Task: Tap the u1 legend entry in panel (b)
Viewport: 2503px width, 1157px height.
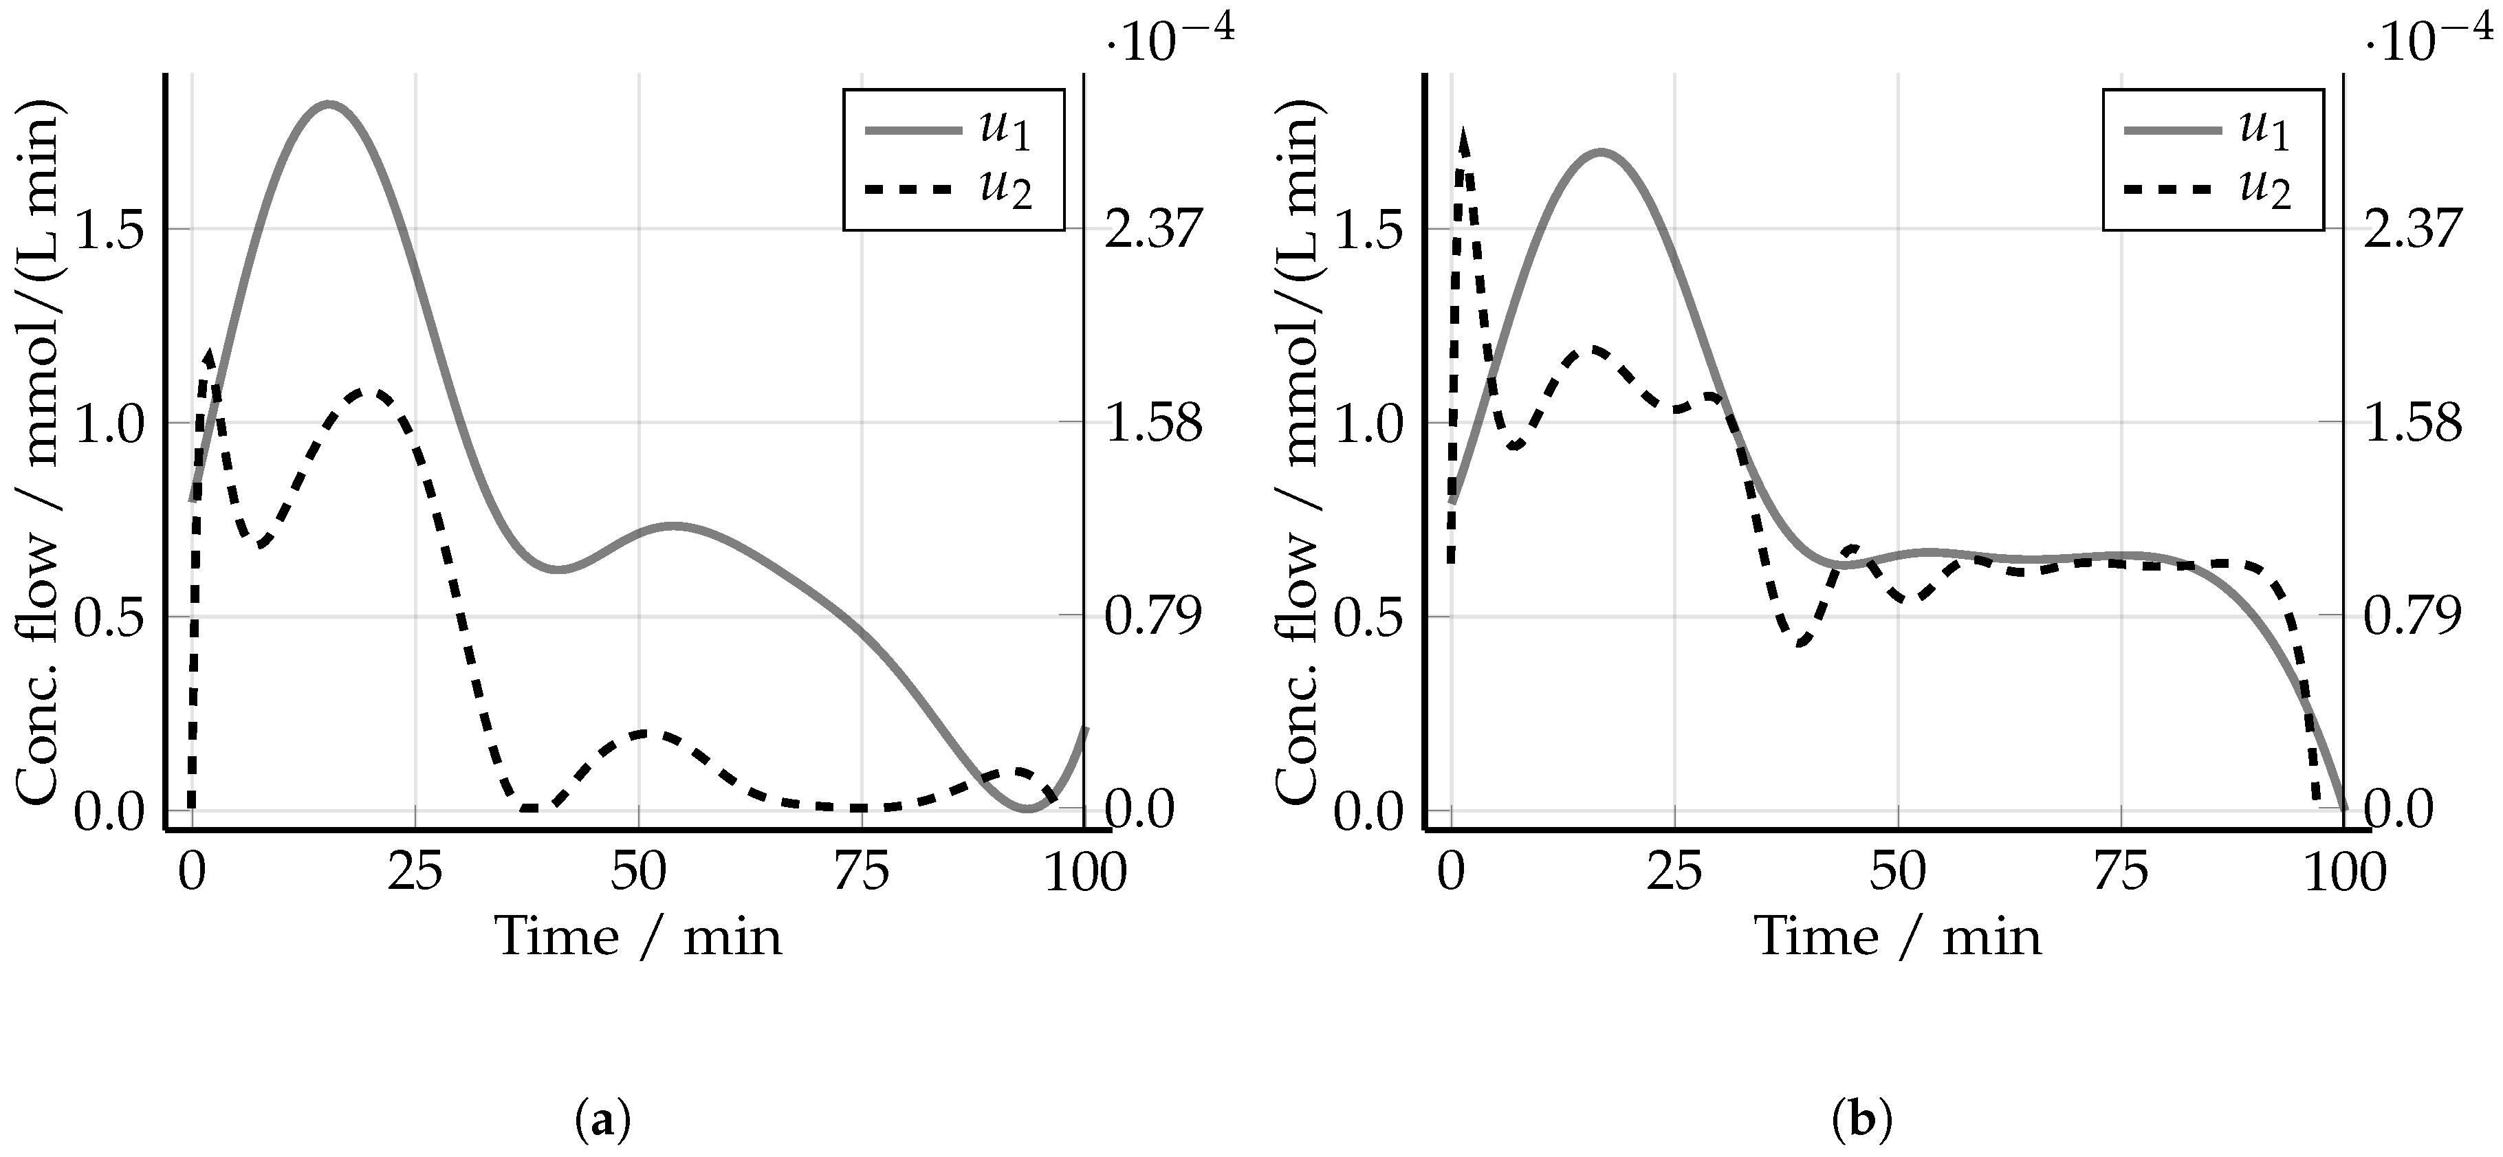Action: [2207, 129]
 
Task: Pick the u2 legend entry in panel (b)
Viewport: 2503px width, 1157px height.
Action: [2207, 190]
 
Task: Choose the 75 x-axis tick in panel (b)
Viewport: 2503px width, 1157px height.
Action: [2121, 872]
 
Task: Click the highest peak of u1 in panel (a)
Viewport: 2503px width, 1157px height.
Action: [329, 104]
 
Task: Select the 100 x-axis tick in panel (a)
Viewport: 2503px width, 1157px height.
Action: [1084, 872]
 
